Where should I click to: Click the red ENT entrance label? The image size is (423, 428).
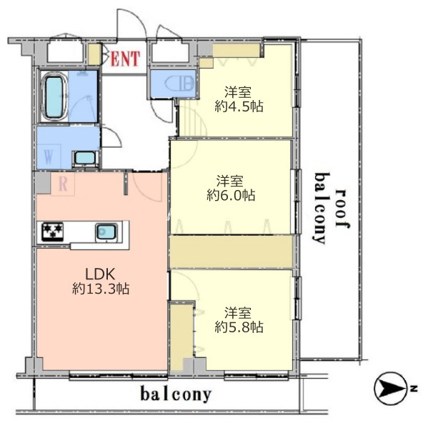click(x=125, y=59)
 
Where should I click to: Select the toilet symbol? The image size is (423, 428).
click(x=180, y=84)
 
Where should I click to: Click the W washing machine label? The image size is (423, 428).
click(x=49, y=156)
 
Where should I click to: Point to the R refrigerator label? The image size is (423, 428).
click(x=63, y=184)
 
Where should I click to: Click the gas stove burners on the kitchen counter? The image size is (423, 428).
click(x=53, y=232)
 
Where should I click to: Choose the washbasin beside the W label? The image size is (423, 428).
click(x=85, y=158)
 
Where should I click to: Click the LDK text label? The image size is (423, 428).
click(x=100, y=274)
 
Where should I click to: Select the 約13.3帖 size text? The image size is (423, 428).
click(x=101, y=289)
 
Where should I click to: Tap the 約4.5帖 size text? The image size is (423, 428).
click(x=239, y=106)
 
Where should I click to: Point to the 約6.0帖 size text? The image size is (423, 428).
click(x=231, y=195)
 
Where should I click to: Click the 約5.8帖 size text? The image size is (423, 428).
click(x=239, y=327)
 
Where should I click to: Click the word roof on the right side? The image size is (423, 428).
click(x=342, y=209)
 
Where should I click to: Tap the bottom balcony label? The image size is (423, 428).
click(x=176, y=394)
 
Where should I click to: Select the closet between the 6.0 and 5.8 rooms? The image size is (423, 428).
click(x=231, y=252)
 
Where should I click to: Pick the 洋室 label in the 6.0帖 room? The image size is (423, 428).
click(x=230, y=181)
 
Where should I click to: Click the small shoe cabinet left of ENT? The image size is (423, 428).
click(x=94, y=54)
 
